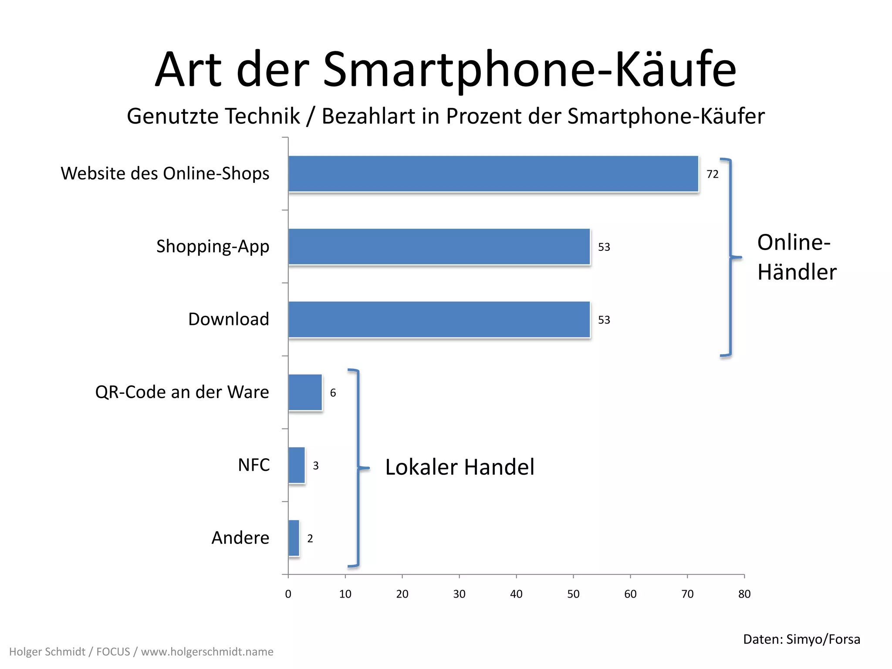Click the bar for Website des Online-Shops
coord(493,174)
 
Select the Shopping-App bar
coord(439,247)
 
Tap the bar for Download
coord(439,319)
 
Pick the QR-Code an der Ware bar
coord(305,392)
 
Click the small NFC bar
coord(297,465)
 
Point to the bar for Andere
coord(294,538)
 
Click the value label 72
coord(713,174)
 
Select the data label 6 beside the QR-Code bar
coord(333,393)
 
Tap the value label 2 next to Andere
coord(310,539)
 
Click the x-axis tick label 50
coord(573,594)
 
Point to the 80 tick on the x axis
coord(744,594)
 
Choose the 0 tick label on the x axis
coord(288,594)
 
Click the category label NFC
coord(253,465)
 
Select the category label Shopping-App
coord(213,247)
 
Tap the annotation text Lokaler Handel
coord(460,467)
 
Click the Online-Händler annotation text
coord(797,257)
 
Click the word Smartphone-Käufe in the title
coord(529,70)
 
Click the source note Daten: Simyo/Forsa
coord(801,639)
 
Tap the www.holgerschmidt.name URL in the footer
coord(207,652)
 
